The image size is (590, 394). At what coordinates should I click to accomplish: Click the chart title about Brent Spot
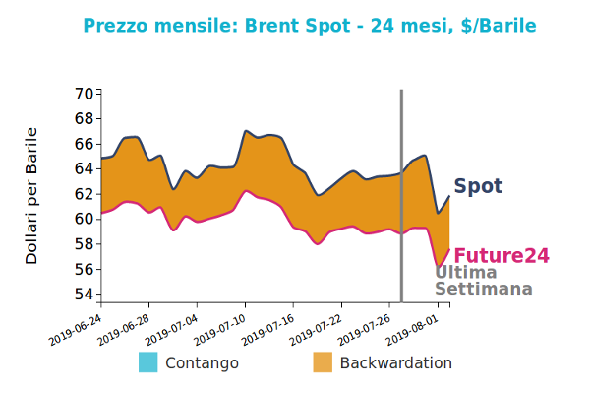(310, 26)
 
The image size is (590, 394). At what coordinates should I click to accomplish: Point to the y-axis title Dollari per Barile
(31, 195)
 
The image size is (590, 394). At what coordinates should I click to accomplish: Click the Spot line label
(478, 186)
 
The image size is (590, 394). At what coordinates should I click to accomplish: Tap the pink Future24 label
(501, 256)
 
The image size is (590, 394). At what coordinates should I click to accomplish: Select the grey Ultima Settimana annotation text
(483, 281)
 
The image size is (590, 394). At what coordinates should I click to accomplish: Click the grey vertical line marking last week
(401, 197)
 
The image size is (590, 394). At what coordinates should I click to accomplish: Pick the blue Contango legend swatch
(148, 362)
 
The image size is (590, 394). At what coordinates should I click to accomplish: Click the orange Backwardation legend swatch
(323, 362)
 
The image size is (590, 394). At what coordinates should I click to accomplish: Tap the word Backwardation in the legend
(395, 362)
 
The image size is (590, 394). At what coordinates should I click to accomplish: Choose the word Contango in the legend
(202, 362)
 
